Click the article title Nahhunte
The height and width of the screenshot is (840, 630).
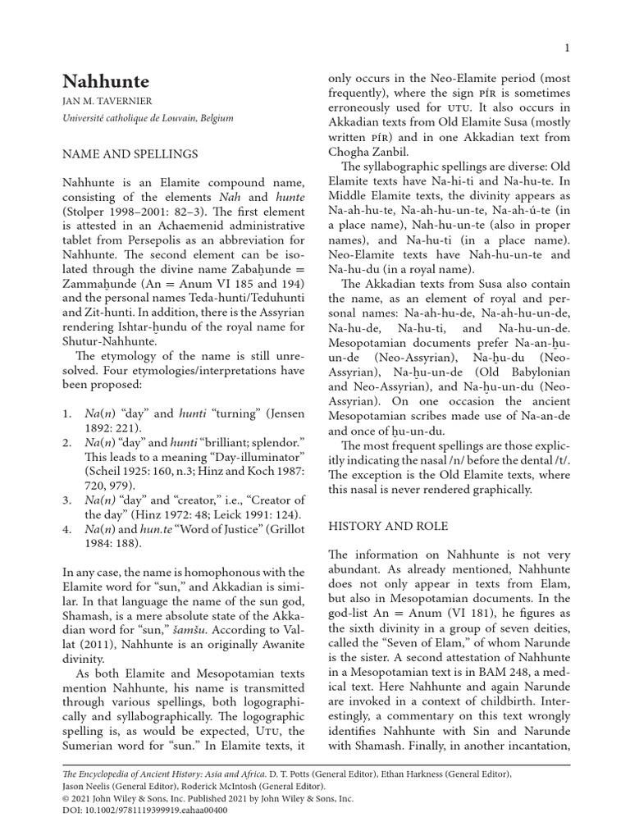[107, 82]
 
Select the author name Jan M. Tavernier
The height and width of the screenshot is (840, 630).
[107, 103]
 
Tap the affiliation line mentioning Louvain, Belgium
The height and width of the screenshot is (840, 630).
[148, 118]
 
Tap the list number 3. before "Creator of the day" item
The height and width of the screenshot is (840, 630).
[68, 500]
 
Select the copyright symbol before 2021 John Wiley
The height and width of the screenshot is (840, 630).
[66, 797]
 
